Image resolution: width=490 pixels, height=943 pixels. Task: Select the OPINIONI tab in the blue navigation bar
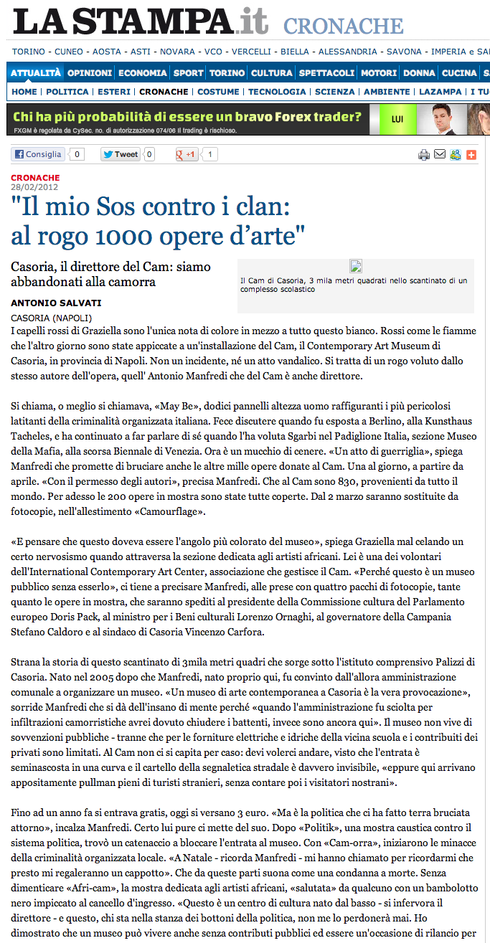pyautogui.click(x=90, y=73)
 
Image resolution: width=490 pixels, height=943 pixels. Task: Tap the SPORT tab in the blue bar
pyautogui.click(x=189, y=73)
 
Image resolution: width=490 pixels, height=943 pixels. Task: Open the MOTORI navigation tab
pyautogui.click(x=379, y=73)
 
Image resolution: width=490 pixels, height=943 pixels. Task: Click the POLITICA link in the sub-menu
pyautogui.click(x=67, y=92)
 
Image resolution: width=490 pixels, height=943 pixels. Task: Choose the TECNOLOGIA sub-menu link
pyautogui.click(x=277, y=92)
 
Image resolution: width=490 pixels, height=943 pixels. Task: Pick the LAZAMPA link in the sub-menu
pyautogui.click(x=440, y=92)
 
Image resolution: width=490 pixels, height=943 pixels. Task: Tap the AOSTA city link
pyautogui.click(x=107, y=52)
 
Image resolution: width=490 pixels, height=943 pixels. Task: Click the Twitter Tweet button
pyautogui.click(x=120, y=154)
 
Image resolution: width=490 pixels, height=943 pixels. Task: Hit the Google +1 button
pyautogui.click(x=187, y=154)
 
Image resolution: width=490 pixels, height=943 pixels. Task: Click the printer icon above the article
pyautogui.click(x=424, y=154)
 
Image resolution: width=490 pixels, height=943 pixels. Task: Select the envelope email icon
pyautogui.click(x=440, y=154)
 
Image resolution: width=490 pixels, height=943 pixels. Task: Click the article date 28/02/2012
pyautogui.click(x=31, y=186)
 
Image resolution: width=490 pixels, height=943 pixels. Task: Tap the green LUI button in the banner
pyautogui.click(x=397, y=116)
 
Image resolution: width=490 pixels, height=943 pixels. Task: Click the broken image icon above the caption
pyautogui.click(x=355, y=266)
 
